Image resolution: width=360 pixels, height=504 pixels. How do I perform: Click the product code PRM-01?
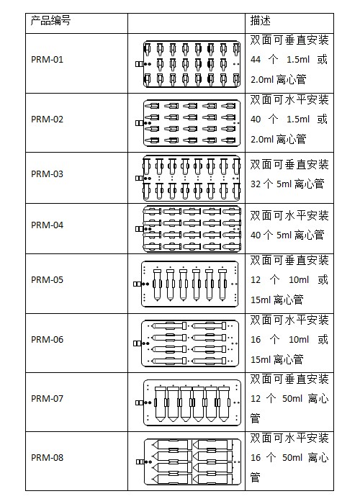[47, 60]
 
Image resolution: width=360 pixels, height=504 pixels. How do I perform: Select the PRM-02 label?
[47, 120]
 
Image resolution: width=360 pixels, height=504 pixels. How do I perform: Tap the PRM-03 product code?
[47, 174]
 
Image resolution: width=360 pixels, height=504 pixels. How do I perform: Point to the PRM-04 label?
[47, 225]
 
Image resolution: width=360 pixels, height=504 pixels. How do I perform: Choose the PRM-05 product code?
[47, 279]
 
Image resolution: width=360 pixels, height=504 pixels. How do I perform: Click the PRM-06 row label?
[47, 339]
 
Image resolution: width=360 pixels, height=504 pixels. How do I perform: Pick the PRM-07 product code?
[47, 399]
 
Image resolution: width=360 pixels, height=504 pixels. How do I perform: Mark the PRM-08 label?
[47, 457]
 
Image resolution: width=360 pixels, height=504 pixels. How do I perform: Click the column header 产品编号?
[50, 21]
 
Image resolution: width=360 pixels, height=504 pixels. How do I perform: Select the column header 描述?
[261, 21]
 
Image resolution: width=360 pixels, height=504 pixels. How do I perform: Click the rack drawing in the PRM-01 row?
[188, 64]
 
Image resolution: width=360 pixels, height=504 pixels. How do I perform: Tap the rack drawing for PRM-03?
[188, 179]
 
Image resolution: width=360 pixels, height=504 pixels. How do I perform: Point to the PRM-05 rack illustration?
[186, 284]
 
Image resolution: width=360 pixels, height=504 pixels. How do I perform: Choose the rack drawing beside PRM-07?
[188, 402]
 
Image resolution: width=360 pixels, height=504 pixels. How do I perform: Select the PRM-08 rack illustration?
[189, 462]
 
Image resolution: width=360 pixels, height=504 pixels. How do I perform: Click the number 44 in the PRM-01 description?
[256, 60]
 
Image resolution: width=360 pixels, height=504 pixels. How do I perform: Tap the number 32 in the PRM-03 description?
[256, 184]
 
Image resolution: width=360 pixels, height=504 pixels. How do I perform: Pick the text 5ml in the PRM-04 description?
[284, 235]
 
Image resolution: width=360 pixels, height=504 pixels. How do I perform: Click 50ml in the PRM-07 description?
[292, 399]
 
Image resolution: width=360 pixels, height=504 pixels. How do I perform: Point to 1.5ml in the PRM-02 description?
[298, 120]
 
